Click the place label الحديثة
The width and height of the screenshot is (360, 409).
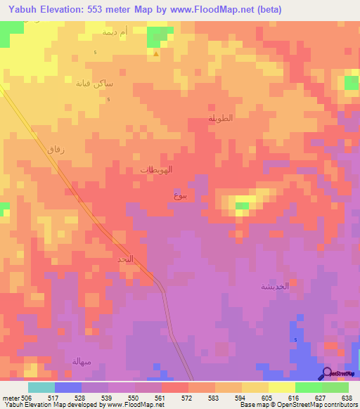tap(275, 286)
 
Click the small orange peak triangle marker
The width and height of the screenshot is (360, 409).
tap(155, 53)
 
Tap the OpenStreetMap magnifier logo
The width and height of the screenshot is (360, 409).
tap(326, 374)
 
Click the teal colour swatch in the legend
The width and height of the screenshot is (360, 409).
tap(41, 387)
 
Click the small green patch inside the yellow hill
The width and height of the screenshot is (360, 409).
tap(242, 206)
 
